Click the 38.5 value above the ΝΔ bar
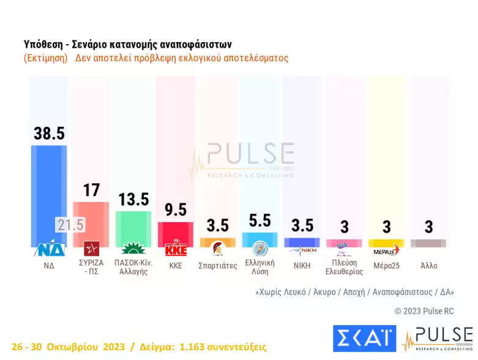[49, 133]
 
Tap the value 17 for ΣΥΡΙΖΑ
[91, 190]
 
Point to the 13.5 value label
[133, 200]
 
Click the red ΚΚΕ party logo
[175, 249]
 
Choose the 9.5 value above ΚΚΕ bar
[175, 210]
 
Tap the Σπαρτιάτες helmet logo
[217, 249]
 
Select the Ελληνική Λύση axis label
[260, 267]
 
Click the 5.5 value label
[260, 220]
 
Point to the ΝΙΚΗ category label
[302, 266]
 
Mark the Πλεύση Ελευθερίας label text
[344, 267]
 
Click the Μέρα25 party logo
[386, 250]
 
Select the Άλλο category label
[428, 266]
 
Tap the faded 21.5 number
[70, 225]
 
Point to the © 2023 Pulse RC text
[424, 311]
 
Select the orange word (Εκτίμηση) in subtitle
[46, 59]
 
